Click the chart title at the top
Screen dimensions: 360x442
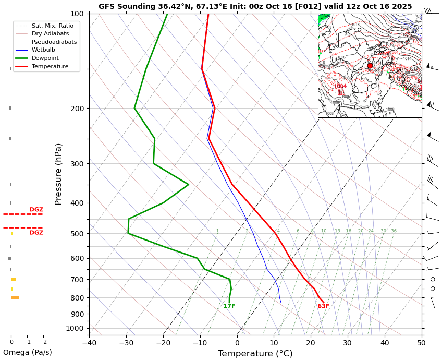[x=255, y=7]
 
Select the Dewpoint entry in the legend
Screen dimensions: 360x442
[x=45, y=58]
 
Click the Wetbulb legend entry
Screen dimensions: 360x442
[x=43, y=50]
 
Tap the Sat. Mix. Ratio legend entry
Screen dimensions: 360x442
[x=52, y=26]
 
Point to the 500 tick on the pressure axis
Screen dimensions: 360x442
[x=78, y=234]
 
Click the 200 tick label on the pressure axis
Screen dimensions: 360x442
[x=78, y=109]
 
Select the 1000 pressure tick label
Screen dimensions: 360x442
[x=76, y=328]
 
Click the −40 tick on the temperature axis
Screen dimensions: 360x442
[x=89, y=343]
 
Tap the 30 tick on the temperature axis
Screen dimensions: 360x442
[x=348, y=343]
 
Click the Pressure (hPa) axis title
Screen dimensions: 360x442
[x=58, y=174]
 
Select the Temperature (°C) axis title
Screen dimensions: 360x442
[x=255, y=354]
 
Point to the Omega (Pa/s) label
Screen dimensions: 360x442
[x=27, y=352]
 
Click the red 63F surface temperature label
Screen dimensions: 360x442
[x=323, y=306]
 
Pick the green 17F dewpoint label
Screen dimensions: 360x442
[x=229, y=306]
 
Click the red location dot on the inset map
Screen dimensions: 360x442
[x=370, y=66]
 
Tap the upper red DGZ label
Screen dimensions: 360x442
[x=36, y=210]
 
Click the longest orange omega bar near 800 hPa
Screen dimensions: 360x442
[x=15, y=298]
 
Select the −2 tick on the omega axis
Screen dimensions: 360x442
[x=43, y=342]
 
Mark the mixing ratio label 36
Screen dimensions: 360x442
[x=394, y=231]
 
